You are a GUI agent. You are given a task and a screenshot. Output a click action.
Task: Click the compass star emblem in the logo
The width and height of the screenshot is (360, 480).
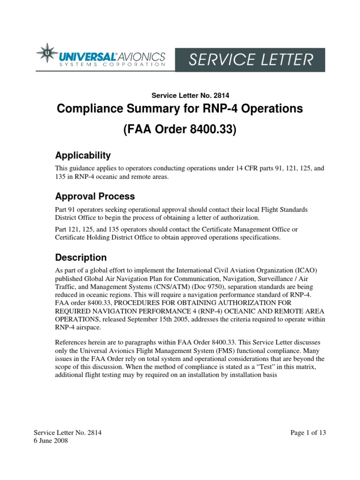pos(48,55)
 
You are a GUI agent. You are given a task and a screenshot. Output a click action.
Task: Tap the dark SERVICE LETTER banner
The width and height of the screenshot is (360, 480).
pos(250,60)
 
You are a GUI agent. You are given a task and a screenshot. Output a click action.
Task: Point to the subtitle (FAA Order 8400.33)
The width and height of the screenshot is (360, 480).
pos(180,130)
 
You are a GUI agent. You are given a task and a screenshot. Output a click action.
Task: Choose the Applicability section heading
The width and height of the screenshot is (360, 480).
pos(83,155)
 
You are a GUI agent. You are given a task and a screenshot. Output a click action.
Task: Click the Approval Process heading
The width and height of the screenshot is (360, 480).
pos(95,196)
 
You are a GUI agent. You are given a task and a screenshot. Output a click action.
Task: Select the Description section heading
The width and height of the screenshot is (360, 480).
pos(81,257)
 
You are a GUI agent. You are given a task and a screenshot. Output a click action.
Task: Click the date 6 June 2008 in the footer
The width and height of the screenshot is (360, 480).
pos(51,441)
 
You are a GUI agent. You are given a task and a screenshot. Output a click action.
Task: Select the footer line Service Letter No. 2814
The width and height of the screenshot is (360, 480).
pos(67,433)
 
